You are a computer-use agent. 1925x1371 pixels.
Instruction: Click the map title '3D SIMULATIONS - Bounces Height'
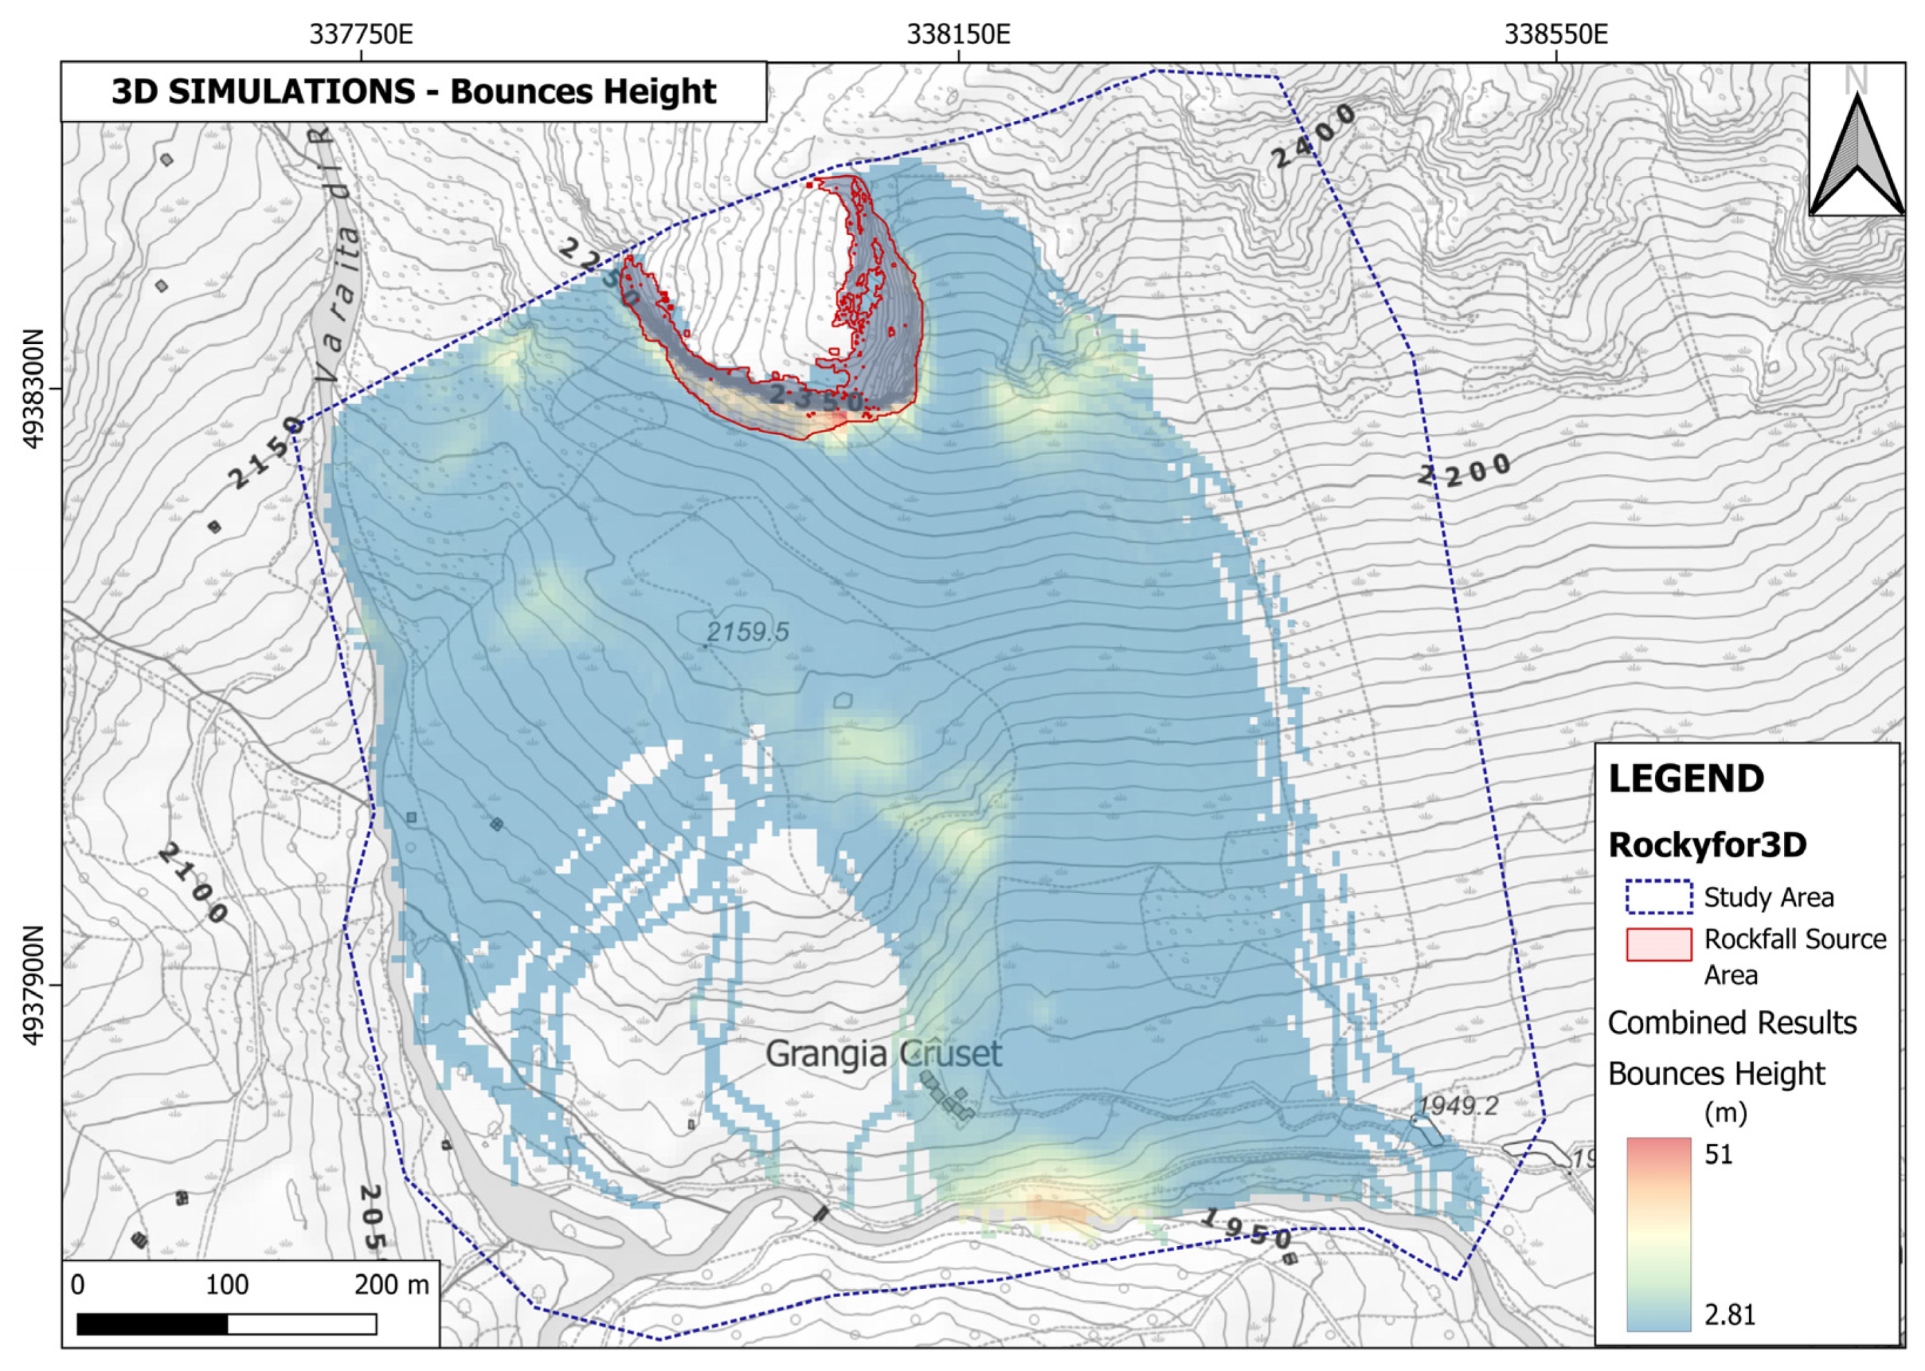tap(413, 91)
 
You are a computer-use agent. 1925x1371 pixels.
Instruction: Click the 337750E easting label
tap(360, 35)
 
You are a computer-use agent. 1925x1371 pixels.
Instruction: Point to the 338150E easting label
tap(958, 35)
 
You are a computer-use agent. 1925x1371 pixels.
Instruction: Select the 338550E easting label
tap(1556, 35)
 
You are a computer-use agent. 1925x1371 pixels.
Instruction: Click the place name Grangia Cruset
tap(882, 1053)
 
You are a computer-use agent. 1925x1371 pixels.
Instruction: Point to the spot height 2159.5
tap(747, 631)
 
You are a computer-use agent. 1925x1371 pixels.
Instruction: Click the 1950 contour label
tap(1245, 1230)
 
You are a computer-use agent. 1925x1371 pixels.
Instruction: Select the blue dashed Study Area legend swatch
tap(1658, 897)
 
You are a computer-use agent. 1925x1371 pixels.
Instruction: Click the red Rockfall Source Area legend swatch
tap(1658, 944)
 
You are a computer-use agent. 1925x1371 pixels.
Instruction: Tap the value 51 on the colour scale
tap(1719, 1154)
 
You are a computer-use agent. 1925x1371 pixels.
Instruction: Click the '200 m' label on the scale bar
tap(391, 1285)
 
